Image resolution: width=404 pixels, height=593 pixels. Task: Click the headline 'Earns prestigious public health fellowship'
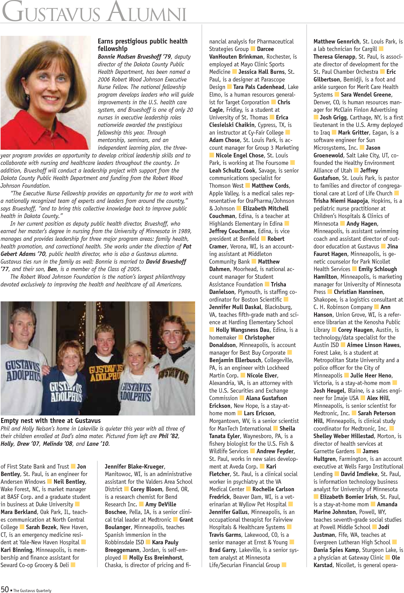click(143, 45)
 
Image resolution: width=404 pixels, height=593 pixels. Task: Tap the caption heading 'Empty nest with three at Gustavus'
click(51, 420)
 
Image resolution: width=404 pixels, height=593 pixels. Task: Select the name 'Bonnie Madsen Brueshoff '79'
click(134, 57)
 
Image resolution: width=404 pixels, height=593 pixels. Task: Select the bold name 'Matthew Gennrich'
click(336, 41)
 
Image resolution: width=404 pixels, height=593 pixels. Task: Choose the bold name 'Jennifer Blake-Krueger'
click(135, 466)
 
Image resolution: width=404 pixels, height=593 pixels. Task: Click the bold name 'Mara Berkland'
click(19, 512)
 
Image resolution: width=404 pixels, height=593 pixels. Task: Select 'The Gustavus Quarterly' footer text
click(32, 590)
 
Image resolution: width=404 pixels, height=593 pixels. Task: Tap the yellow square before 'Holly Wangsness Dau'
click(212, 330)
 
